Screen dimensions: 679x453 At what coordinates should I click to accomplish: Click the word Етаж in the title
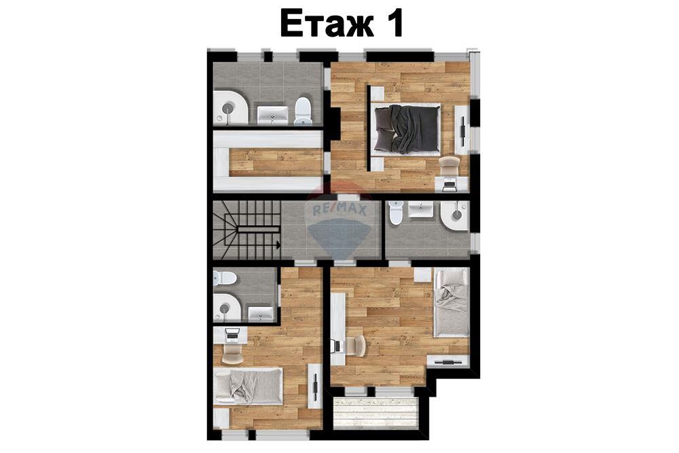(327, 23)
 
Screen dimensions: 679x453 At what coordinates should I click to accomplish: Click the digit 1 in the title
(394, 23)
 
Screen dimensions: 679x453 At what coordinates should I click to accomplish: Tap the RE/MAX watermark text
(339, 211)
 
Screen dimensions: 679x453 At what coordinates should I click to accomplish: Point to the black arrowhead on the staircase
(278, 244)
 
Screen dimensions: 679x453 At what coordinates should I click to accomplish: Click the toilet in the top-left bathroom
(303, 111)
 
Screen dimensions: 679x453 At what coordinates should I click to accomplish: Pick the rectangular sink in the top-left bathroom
(272, 115)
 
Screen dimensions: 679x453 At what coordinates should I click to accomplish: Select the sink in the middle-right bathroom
(420, 210)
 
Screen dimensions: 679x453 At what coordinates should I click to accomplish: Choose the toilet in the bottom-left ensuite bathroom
(225, 278)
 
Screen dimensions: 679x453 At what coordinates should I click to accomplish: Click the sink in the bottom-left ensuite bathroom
(261, 314)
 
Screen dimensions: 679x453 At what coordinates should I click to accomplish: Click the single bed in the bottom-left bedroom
(248, 386)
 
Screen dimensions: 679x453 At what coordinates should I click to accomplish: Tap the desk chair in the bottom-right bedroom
(356, 346)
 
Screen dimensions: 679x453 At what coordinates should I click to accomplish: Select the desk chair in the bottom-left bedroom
(232, 352)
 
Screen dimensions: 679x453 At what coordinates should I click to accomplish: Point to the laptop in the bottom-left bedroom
(232, 333)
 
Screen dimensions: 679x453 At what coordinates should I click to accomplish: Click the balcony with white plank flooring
(375, 414)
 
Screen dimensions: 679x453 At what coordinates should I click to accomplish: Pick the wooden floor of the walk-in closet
(276, 162)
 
